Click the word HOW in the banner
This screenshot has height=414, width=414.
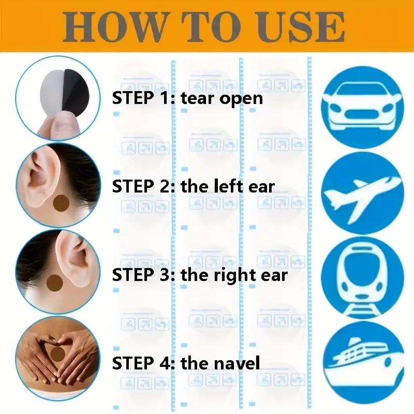point(114,27)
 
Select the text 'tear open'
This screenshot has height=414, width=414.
point(222,98)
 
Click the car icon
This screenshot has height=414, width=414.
point(363,108)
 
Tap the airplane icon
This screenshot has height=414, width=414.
point(363,194)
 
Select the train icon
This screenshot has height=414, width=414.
point(363,278)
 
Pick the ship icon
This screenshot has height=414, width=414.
point(363,364)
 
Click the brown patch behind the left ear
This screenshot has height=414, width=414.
point(61,203)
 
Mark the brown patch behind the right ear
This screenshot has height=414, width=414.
point(54,283)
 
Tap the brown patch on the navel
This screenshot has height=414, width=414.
point(56,353)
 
